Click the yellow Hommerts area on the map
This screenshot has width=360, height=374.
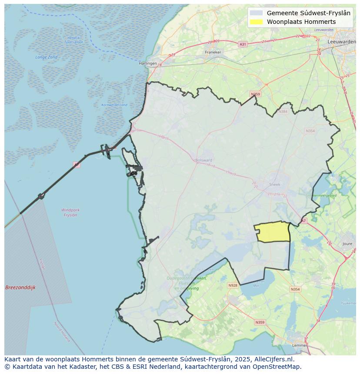click(x=273, y=232)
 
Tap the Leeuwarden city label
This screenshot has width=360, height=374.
click(x=341, y=41)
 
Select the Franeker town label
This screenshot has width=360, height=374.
click(x=213, y=52)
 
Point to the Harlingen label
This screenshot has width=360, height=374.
click(x=147, y=63)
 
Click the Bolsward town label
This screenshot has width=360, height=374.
click(x=203, y=160)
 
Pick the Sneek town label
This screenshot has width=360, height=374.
click(x=275, y=184)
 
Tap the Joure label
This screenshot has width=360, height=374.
click(x=347, y=244)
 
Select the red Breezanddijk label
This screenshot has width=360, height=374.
click(x=20, y=288)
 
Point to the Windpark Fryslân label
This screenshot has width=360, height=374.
click(x=70, y=212)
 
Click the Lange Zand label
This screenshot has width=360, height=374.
click(x=47, y=57)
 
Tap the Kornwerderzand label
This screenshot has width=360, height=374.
click(x=114, y=105)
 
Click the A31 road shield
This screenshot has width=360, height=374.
click(x=243, y=44)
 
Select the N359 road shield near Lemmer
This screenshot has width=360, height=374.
click(x=260, y=322)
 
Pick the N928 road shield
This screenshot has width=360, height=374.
click(x=233, y=285)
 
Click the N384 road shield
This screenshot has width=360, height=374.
click(x=283, y=112)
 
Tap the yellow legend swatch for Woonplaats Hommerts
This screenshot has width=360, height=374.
click(x=257, y=22)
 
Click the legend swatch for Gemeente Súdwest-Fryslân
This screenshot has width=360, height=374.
click(x=257, y=13)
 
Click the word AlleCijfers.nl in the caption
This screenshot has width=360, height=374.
click(x=273, y=359)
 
